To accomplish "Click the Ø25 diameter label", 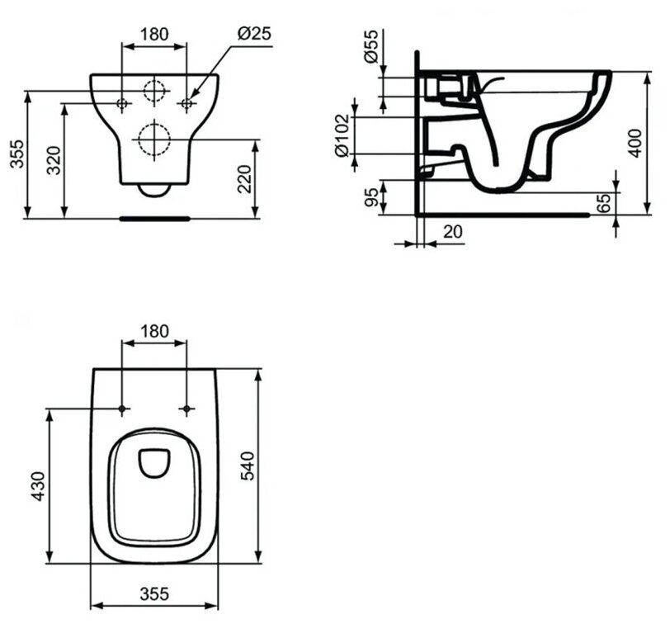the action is tap(254, 34).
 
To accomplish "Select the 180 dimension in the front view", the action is tap(154, 34).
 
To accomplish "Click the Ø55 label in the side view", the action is tap(371, 46).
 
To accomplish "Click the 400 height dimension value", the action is tap(634, 143).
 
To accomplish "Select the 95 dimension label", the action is tap(371, 198).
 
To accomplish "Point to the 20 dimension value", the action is tap(452, 231).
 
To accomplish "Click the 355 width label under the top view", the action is tap(154, 593).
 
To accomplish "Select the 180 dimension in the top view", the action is tap(154, 331).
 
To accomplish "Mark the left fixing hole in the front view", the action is tap(122, 103).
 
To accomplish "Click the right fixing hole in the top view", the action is tap(187, 409).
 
